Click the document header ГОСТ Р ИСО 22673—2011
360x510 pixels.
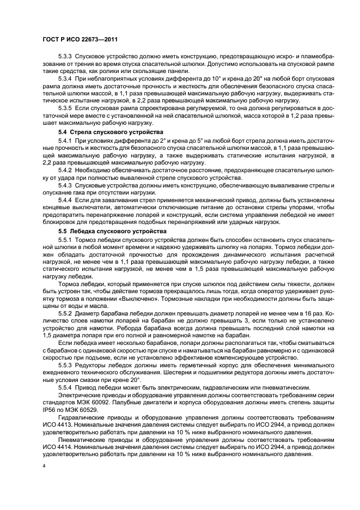(80, 39)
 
